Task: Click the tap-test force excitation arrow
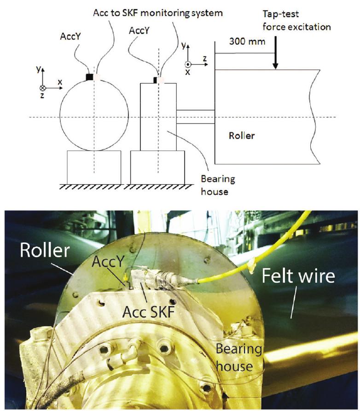[275, 56]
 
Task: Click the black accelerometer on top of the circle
[90, 76]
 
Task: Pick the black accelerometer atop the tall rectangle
[155, 80]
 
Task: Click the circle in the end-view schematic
[94, 115]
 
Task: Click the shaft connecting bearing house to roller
[195, 117]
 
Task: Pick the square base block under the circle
[94, 167]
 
